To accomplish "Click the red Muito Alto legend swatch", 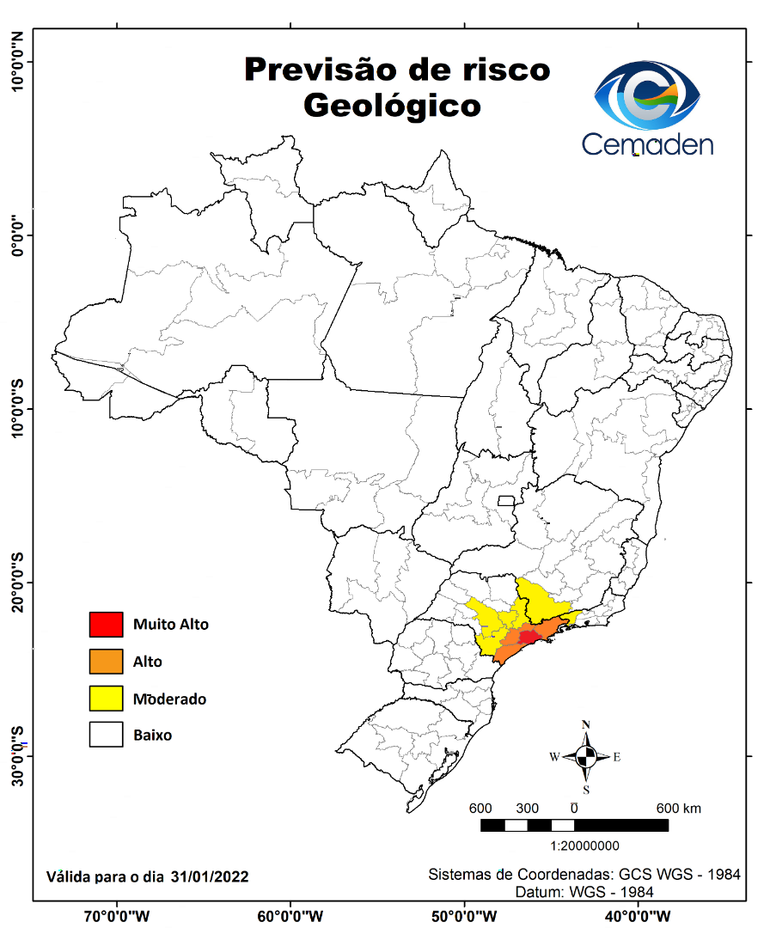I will point(106,625).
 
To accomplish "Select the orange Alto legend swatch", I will point(106,662).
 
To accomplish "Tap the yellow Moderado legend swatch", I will point(106,699).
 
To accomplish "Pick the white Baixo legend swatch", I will point(106,736).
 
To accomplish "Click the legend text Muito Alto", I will point(170,625).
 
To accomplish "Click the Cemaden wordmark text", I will point(647,143).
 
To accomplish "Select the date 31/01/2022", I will point(210,877).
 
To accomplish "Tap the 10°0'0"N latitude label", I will point(16,61).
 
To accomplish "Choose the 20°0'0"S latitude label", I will point(16,582).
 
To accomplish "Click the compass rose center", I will point(586,757).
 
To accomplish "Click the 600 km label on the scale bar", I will point(678,809).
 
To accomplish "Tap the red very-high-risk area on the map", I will point(525,637).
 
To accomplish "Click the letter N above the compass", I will point(586,724).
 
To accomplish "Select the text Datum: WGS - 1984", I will point(584,893).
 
